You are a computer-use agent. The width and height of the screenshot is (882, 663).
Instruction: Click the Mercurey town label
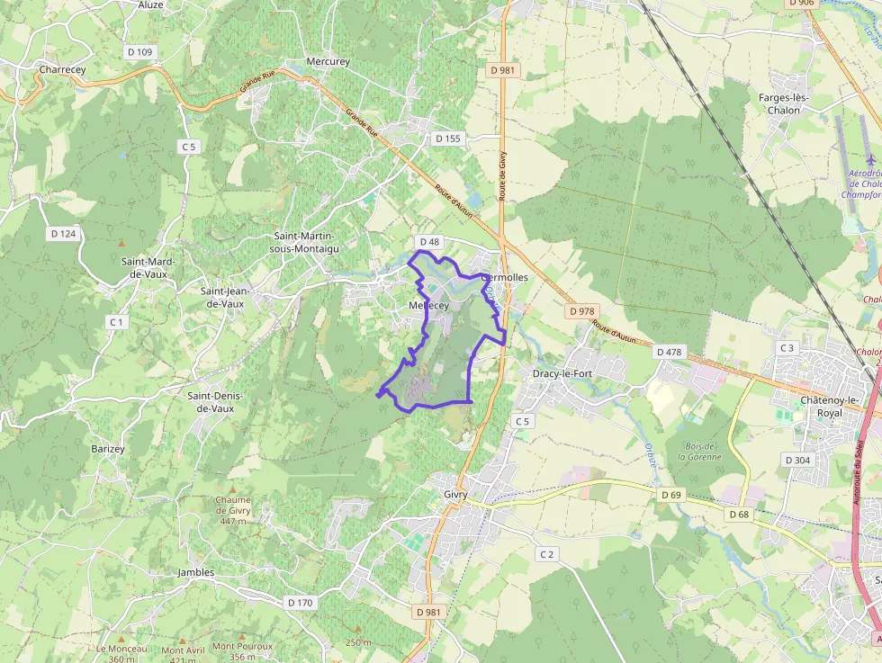pyautogui.click(x=328, y=61)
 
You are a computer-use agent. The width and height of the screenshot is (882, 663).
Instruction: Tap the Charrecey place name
pyautogui.click(x=61, y=68)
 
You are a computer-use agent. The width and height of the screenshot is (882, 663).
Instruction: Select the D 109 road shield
pyautogui.click(x=140, y=52)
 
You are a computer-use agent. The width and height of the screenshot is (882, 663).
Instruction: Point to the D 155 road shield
pyautogui.click(x=447, y=139)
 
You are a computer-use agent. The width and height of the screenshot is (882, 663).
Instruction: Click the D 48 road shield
pyautogui.click(x=428, y=242)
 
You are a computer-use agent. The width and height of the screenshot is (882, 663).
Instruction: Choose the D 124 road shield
pyautogui.click(x=64, y=233)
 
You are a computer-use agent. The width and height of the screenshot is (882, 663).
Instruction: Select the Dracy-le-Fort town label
pyautogui.click(x=562, y=372)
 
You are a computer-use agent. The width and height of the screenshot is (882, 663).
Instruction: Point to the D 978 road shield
pyautogui.click(x=582, y=311)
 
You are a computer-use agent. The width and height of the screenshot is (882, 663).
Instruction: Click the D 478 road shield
pyautogui.click(x=670, y=352)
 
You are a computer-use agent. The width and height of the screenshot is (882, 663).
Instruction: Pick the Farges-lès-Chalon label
pyautogui.click(x=785, y=103)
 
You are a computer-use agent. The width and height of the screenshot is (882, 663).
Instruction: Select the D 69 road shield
pyautogui.click(x=671, y=495)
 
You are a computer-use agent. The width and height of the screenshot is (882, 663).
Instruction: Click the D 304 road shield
pyautogui.click(x=797, y=460)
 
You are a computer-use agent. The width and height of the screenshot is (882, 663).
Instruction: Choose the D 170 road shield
pyautogui.click(x=299, y=602)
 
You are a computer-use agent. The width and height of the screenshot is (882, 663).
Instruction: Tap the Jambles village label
pyautogui.click(x=196, y=572)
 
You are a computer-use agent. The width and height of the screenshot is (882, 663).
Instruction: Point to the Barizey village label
pyautogui.click(x=108, y=448)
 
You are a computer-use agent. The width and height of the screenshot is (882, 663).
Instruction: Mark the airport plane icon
pyautogui.click(x=869, y=159)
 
